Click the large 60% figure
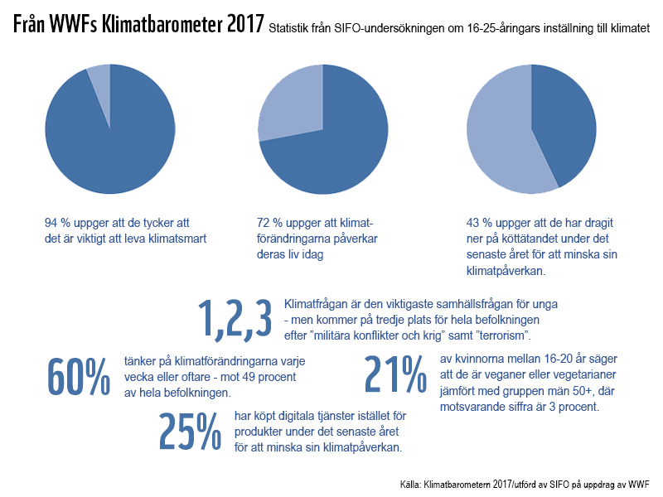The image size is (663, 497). pos(79,377)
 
